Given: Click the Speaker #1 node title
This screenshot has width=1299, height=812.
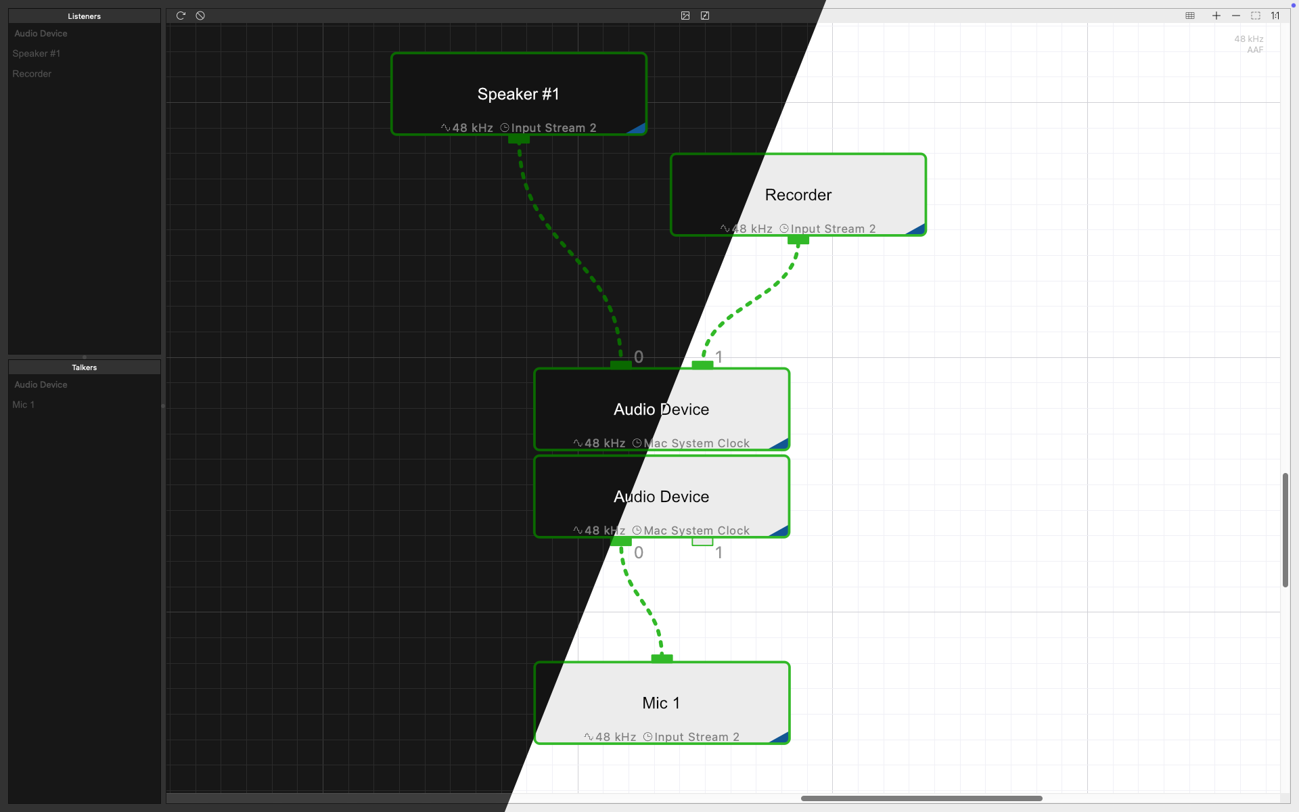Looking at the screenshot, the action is tap(518, 94).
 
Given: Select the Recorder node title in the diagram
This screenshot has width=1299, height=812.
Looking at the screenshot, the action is tap(798, 195).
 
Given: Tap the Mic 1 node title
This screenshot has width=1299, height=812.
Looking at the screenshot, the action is tap(661, 703).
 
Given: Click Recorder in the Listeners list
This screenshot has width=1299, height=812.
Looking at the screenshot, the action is tap(32, 74).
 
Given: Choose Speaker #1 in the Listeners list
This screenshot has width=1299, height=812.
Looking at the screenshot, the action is tap(37, 53).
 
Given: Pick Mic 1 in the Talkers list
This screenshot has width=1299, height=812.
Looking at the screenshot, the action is tap(23, 405).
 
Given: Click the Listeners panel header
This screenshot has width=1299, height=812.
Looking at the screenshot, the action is tap(84, 16).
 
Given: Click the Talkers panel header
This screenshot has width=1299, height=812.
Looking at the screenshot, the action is tap(84, 367).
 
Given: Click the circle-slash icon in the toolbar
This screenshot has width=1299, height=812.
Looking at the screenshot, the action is tap(200, 16).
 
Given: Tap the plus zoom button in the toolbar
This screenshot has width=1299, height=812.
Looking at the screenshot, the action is tap(1216, 16).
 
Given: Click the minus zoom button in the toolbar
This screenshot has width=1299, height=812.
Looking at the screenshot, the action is tap(1236, 16).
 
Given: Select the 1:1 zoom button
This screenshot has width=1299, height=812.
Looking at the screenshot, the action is tap(1275, 16).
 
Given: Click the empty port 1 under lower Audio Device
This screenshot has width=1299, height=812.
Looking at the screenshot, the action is tap(702, 541).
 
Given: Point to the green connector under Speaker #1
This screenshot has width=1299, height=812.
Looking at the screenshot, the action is tap(519, 139).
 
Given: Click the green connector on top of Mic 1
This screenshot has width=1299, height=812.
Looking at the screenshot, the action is tap(662, 658).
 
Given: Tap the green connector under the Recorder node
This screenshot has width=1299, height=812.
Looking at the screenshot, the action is tap(798, 240).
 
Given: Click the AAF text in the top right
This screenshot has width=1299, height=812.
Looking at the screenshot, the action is tap(1255, 49).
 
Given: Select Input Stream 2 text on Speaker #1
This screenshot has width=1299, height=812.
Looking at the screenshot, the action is tap(553, 128).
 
